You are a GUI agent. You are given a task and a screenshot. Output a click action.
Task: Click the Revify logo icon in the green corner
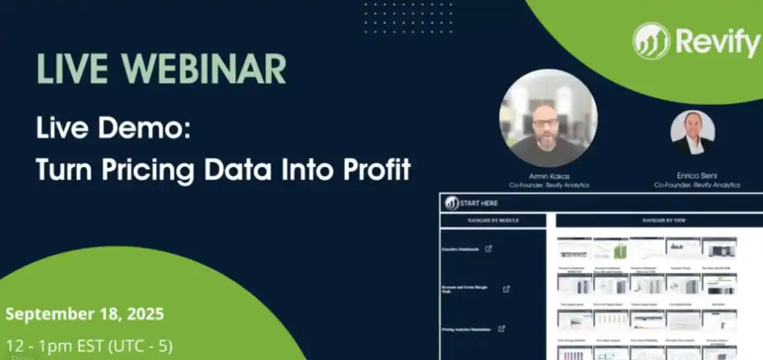[651, 40]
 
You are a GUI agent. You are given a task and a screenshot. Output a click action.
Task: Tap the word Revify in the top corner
[716, 42]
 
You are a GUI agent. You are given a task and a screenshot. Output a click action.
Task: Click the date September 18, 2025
[84, 312]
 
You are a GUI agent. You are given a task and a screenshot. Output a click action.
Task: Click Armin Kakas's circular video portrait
[548, 119]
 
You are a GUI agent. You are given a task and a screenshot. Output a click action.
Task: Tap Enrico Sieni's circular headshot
[692, 133]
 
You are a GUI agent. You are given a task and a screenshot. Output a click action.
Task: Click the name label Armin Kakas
[548, 177]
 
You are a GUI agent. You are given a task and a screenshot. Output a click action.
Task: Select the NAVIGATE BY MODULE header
[493, 221]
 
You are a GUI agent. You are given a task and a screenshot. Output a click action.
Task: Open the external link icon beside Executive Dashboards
[488, 249]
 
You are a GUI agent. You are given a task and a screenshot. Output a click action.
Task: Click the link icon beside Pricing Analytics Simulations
[501, 328]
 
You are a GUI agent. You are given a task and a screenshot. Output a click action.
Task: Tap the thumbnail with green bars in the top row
[610, 248]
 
